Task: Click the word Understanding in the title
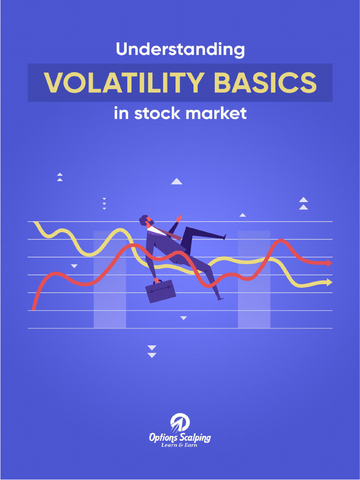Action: (x=180, y=50)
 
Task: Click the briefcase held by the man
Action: (x=160, y=291)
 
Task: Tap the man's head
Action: (x=145, y=221)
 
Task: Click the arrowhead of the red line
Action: (x=329, y=263)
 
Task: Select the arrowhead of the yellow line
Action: (x=329, y=282)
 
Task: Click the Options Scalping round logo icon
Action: (x=180, y=422)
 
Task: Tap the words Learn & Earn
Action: (x=180, y=445)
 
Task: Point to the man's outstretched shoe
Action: (x=224, y=237)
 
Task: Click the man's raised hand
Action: (x=178, y=219)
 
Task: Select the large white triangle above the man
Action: (x=176, y=181)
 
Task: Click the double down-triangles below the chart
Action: (x=151, y=352)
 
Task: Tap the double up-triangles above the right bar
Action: (x=303, y=203)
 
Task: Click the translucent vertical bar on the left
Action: (x=110, y=300)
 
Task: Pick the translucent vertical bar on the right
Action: (x=254, y=300)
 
